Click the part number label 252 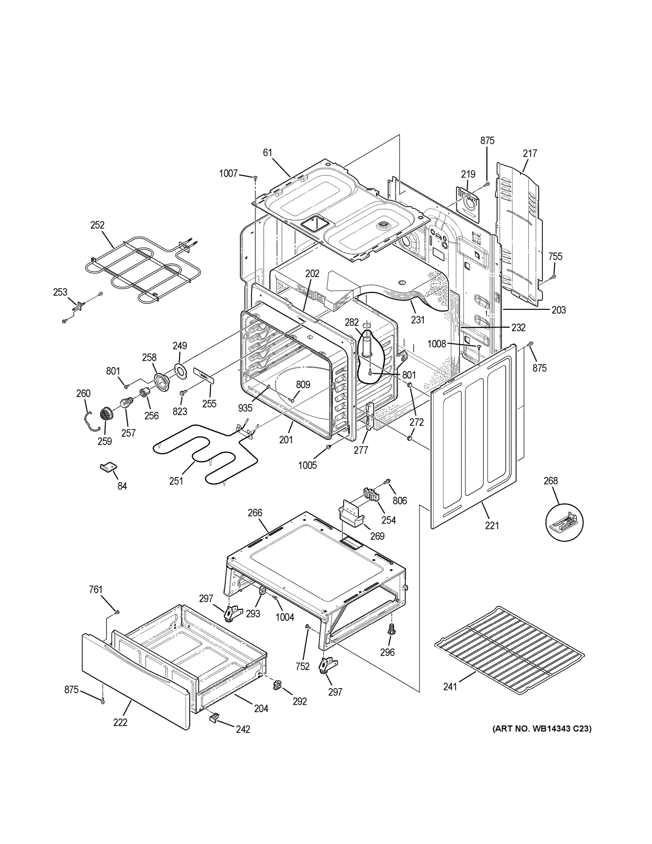coord(97,225)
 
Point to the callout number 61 coord(268,153)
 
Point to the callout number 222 coord(120,722)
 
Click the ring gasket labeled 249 coord(180,370)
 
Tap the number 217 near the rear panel coord(530,153)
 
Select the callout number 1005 coord(308,465)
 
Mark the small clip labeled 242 coord(214,717)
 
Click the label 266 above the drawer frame coord(255,513)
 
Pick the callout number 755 coord(555,256)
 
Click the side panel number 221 coord(492,526)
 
